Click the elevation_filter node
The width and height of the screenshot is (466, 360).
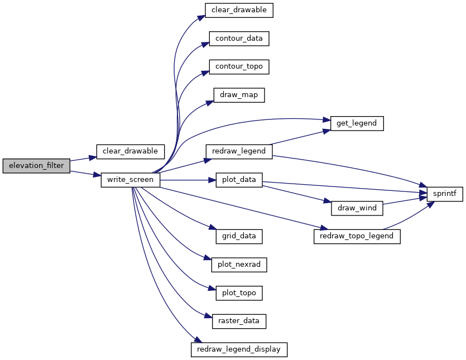(x=36, y=166)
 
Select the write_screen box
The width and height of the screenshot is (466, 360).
(x=131, y=180)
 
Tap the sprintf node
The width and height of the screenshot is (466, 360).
(x=445, y=194)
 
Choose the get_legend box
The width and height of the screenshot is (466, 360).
(x=357, y=123)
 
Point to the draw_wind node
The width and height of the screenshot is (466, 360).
(x=357, y=208)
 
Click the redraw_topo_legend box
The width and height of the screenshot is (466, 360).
(x=357, y=237)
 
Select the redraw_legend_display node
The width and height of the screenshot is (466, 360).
(x=239, y=349)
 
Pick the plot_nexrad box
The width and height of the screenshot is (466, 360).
(x=239, y=265)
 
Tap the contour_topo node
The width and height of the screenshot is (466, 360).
(x=239, y=67)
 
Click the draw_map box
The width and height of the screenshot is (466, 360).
(x=239, y=95)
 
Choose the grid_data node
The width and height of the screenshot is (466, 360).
(x=239, y=237)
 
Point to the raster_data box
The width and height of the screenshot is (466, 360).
(x=239, y=321)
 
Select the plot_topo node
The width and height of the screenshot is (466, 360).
(x=239, y=293)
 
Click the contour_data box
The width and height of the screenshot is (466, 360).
(x=239, y=39)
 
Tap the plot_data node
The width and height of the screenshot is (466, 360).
(x=239, y=180)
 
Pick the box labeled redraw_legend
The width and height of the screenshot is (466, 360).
(x=239, y=152)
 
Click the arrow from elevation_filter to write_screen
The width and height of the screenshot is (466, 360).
(x=85, y=174)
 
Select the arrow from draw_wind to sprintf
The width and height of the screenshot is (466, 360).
(x=405, y=200)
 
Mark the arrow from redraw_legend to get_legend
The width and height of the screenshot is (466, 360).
(x=300, y=137)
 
